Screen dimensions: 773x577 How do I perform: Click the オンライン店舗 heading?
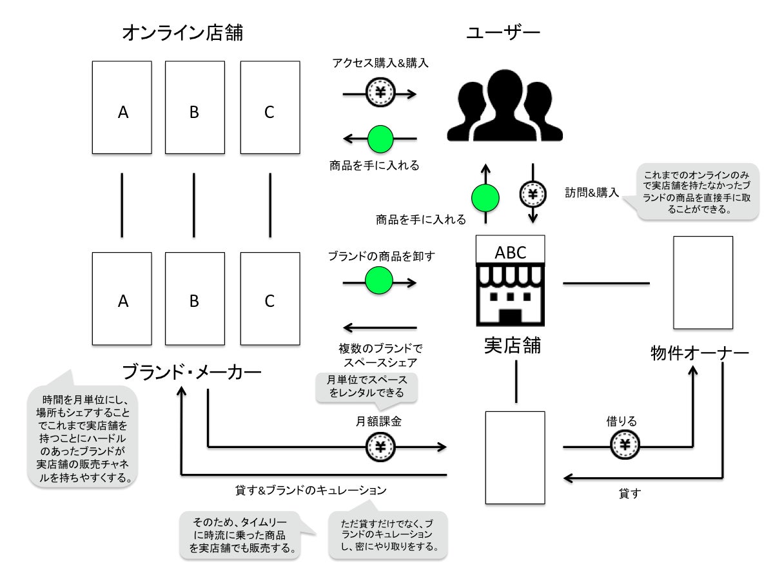pyautogui.click(x=182, y=32)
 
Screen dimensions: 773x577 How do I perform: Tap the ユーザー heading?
pyautogui.click(x=504, y=32)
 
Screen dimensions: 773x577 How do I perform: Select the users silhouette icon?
pyautogui.click(x=505, y=106)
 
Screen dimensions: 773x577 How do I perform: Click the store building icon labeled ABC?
pyautogui.click(x=510, y=280)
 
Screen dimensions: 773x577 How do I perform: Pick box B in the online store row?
pyautogui.click(x=195, y=108)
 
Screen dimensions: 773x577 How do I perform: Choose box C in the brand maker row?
pyautogui.click(x=270, y=299)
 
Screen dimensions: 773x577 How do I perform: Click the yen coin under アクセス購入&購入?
pyautogui.click(x=380, y=92)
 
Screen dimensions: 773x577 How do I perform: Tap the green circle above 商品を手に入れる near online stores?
pyautogui.click(x=380, y=139)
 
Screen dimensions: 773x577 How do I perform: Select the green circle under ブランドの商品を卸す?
pyautogui.click(x=379, y=280)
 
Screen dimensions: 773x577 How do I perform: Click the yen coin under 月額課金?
pyautogui.click(x=380, y=447)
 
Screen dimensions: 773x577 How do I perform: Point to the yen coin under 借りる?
pyautogui.click(x=625, y=445)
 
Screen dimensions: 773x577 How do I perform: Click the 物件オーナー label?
pyautogui.click(x=700, y=353)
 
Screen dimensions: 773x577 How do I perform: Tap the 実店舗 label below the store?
pyautogui.click(x=512, y=346)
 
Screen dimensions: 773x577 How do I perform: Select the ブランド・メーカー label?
pyautogui.click(x=191, y=372)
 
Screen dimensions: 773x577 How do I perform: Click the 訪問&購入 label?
pyautogui.click(x=592, y=192)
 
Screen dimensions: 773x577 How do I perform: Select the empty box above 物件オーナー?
pyautogui.click(x=703, y=282)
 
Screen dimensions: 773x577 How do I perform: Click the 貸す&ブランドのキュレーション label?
pyautogui.click(x=311, y=490)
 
